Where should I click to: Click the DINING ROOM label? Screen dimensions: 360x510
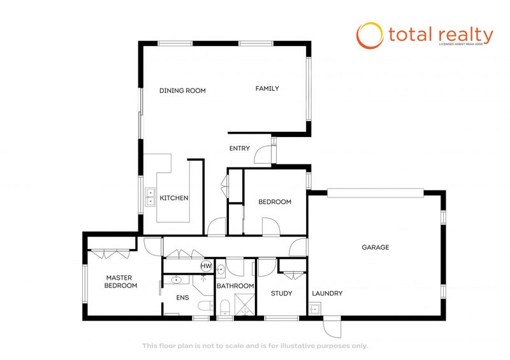182,90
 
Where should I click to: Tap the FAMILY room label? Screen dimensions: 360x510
267,89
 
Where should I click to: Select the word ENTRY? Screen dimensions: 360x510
240,148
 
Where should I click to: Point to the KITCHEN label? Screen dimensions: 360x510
174,198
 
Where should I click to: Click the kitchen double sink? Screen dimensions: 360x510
151,197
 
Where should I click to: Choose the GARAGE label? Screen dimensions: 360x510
375,247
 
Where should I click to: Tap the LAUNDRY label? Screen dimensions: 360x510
328,294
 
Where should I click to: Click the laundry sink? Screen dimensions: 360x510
314,310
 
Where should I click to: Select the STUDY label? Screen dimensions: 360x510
281,294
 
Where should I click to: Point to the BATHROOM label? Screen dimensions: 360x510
235,286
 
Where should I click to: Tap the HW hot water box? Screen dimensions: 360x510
206,266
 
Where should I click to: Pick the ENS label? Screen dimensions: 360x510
183,297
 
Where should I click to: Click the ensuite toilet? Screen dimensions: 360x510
204,306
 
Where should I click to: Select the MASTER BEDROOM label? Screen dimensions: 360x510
122,282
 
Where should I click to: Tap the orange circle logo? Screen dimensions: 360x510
369,35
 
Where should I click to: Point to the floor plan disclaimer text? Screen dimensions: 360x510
254,346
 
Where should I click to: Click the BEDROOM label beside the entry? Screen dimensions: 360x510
275,202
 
